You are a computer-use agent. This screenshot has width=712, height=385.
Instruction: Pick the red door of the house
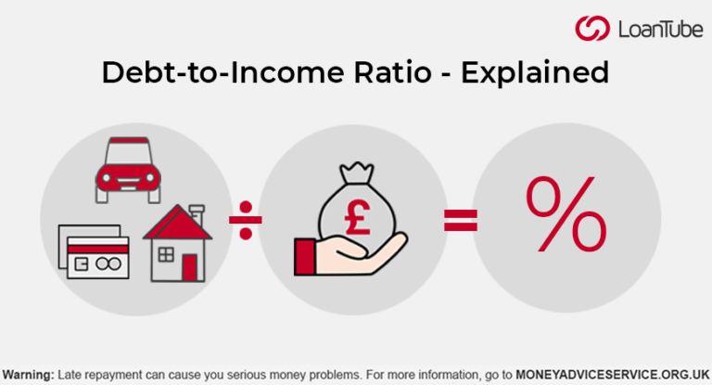[x=190, y=266]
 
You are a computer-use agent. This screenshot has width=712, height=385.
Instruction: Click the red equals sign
[x=461, y=220]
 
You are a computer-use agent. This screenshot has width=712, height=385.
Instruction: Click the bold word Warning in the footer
[x=27, y=374]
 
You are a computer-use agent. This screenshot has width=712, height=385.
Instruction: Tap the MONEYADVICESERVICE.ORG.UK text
[x=612, y=374]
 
